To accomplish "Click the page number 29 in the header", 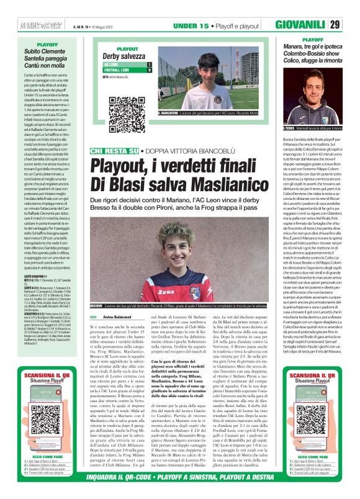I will pyautogui.click(x=351, y=25).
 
